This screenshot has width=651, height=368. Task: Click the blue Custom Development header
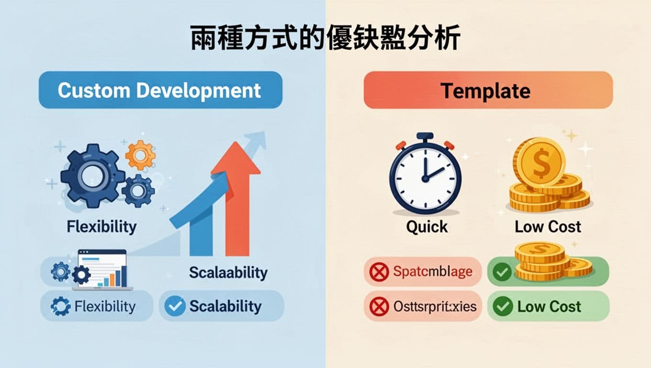160,90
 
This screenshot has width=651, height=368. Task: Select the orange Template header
488,90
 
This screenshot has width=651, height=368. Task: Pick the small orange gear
140,155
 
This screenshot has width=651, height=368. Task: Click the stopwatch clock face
425,177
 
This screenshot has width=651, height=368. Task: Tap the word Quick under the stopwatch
427,227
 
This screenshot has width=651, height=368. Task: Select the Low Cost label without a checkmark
548,227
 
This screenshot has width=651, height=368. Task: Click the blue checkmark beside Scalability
175,306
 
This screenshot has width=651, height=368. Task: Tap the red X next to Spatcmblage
379,272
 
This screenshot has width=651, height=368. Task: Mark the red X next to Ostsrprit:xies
379,306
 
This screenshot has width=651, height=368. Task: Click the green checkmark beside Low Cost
503,306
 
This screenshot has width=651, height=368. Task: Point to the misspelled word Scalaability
228,273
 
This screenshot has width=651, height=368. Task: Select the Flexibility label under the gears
101,227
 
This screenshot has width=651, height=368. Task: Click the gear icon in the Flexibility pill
60,306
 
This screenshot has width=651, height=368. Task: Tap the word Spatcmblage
432,272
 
